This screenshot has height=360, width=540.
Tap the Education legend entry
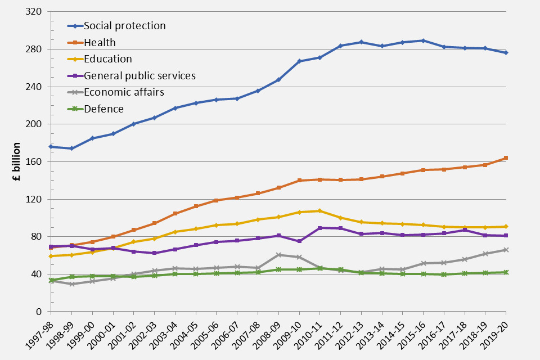point(107,59)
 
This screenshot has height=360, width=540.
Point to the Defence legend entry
point(103,109)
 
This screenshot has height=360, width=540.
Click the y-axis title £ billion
point(17,161)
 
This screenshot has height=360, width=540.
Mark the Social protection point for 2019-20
point(506,53)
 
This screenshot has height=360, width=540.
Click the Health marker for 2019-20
point(506,158)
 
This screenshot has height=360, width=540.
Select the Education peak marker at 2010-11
point(319,211)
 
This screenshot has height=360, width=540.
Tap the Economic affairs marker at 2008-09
point(278,255)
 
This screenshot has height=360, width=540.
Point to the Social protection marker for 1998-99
point(71,148)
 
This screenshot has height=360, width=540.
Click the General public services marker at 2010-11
point(319,228)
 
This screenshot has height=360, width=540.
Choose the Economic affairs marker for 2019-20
point(506,250)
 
